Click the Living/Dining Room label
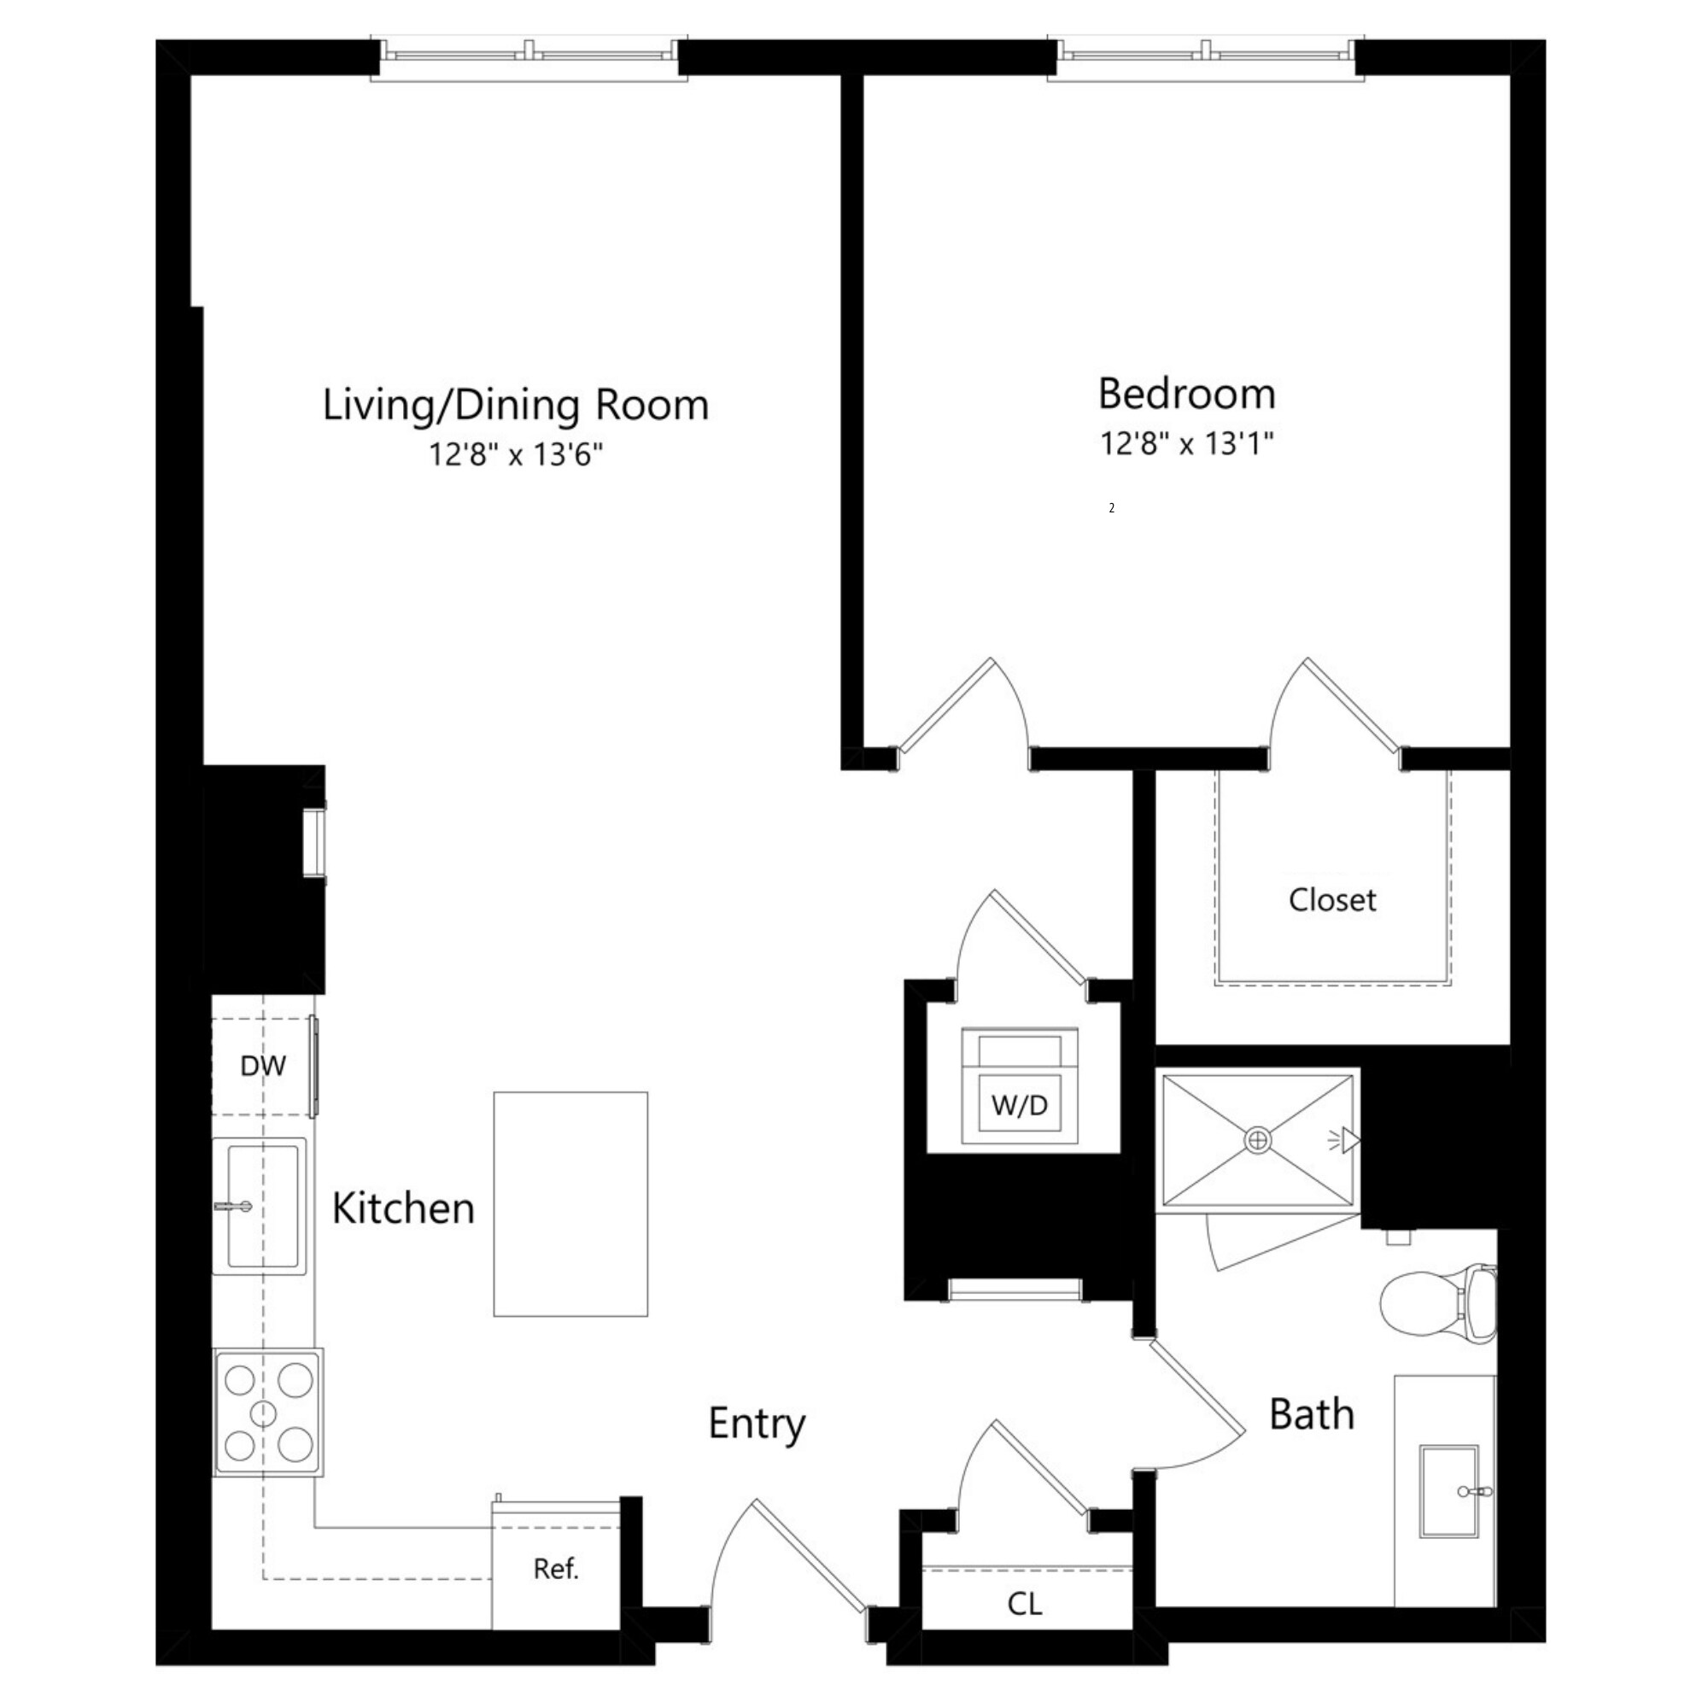pos(516,405)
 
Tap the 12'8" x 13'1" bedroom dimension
pos(1186,443)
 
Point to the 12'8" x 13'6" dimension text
pos(516,454)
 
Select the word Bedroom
pos(1186,394)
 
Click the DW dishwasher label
pos(262,1066)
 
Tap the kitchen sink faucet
pos(233,1206)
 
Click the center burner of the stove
pos(263,1413)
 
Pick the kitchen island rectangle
pos(570,1204)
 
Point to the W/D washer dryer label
pos(1020,1105)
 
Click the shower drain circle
pos(1257,1141)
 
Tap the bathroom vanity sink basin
pos(1448,1490)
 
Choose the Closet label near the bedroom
pos(1332,900)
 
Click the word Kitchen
pos(403,1208)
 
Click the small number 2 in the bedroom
pos(1111,508)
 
